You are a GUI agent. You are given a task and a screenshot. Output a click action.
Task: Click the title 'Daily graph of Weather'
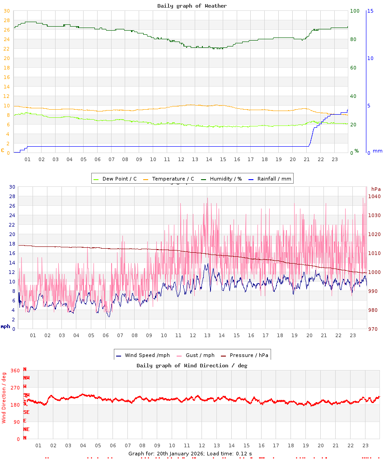[192, 6]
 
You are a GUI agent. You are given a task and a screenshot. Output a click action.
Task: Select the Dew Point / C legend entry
[115, 179]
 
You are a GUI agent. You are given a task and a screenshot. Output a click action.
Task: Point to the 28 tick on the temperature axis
[6, 20]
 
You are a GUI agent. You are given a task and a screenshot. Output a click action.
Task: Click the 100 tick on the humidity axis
[355, 11]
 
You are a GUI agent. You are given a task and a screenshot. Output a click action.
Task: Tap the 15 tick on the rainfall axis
[370, 11]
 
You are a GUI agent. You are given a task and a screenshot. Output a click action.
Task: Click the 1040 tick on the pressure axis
[375, 196]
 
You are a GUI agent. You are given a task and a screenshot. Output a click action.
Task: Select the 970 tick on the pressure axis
[373, 329]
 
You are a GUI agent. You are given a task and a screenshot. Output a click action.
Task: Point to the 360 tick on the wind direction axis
[15, 371]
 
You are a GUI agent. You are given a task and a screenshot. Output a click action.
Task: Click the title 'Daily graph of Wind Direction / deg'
[192, 366]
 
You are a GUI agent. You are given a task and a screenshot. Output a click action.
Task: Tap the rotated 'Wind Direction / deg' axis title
[4, 398]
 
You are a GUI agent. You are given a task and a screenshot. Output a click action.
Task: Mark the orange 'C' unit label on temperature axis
[3, 150]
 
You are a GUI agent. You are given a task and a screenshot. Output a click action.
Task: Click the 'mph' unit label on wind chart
[5, 326]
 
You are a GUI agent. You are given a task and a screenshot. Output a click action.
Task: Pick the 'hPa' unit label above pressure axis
[376, 189]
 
